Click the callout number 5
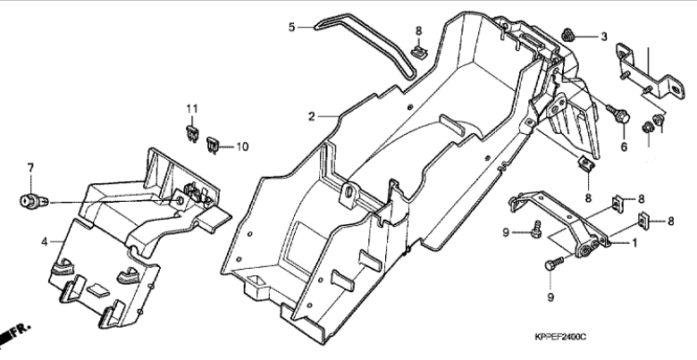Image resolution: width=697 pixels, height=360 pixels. pyautogui.click(x=291, y=27)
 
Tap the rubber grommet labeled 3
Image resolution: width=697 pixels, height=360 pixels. pyautogui.click(x=567, y=34)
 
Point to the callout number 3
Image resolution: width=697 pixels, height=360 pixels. pyautogui.click(x=604, y=37)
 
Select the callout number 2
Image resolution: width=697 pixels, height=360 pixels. pyautogui.click(x=312, y=116)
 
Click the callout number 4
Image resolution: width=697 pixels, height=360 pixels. pyautogui.click(x=44, y=242)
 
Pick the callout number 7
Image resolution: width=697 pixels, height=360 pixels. pyautogui.click(x=30, y=168)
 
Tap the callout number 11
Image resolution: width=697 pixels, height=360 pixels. pyautogui.click(x=192, y=108)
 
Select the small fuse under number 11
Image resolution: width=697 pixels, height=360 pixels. pyautogui.click(x=192, y=133)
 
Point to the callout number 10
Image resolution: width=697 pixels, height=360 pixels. pyautogui.click(x=242, y=147)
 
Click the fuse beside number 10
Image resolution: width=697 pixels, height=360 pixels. pyautogui.click(x=212, y=145)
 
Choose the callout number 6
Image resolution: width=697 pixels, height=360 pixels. pyautogui.click(x=624, y=147)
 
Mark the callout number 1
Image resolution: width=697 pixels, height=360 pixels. pyautogui.click(x=634, y=243)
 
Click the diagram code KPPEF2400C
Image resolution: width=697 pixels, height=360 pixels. pyautogui.click(x=560, y=337)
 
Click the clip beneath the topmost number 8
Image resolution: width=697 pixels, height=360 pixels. pyautogui.click(x=418, y=52)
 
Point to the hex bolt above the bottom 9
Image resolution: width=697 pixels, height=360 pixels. pyautogui.click(x=554, y=263)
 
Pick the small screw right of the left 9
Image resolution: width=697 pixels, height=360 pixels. pyautogui.click(x=536, y=229)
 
